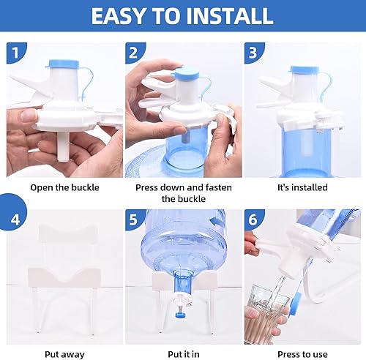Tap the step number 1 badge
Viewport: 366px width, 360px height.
[x=16, y=53]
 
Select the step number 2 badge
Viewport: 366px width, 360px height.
[x=132, y=53]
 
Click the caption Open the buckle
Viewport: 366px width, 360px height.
[x=64, y=187]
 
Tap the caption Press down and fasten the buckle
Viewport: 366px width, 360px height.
[x=183, y=192]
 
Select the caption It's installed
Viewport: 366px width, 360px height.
[x=302, y=187]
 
